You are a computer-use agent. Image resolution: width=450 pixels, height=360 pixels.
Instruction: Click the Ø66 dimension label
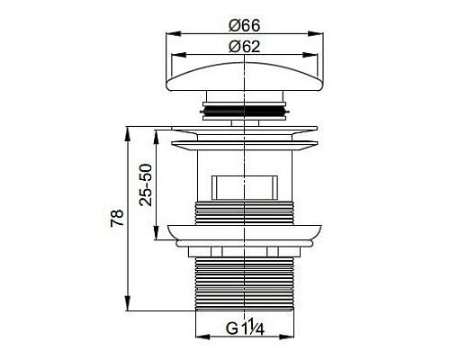click(244, 25)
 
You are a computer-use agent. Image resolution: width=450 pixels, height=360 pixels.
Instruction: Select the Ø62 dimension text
click(244, 47)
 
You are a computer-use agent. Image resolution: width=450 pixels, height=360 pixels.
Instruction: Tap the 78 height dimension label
click(117, 218)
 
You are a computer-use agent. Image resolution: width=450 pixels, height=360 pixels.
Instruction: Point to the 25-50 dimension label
click(146, 184)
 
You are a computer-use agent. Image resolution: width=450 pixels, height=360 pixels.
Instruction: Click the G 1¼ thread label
click(245, 328)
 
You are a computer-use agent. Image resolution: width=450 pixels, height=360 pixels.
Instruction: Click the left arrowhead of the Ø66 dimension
click(174, 33)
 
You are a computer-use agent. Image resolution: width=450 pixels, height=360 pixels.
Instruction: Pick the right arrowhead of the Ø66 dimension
click(316, 33)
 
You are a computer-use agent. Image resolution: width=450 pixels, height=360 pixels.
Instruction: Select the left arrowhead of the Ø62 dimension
click(178, 55)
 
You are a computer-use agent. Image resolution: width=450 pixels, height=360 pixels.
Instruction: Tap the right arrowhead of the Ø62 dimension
click(310, 55)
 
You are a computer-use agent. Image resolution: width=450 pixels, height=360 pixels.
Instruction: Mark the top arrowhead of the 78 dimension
click(128, 134)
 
